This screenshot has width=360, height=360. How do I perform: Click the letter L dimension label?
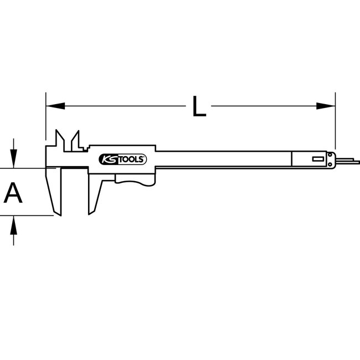199,106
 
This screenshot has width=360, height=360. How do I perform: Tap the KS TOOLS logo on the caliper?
122,159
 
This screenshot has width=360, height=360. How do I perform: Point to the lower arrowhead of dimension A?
14,224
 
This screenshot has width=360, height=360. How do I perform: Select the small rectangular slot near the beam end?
320,160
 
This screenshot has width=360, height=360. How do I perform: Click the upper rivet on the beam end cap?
331,155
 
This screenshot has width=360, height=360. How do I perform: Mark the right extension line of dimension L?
335,122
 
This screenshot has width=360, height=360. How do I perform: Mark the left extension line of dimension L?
45,119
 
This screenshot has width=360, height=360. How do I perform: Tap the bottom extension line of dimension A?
28,216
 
